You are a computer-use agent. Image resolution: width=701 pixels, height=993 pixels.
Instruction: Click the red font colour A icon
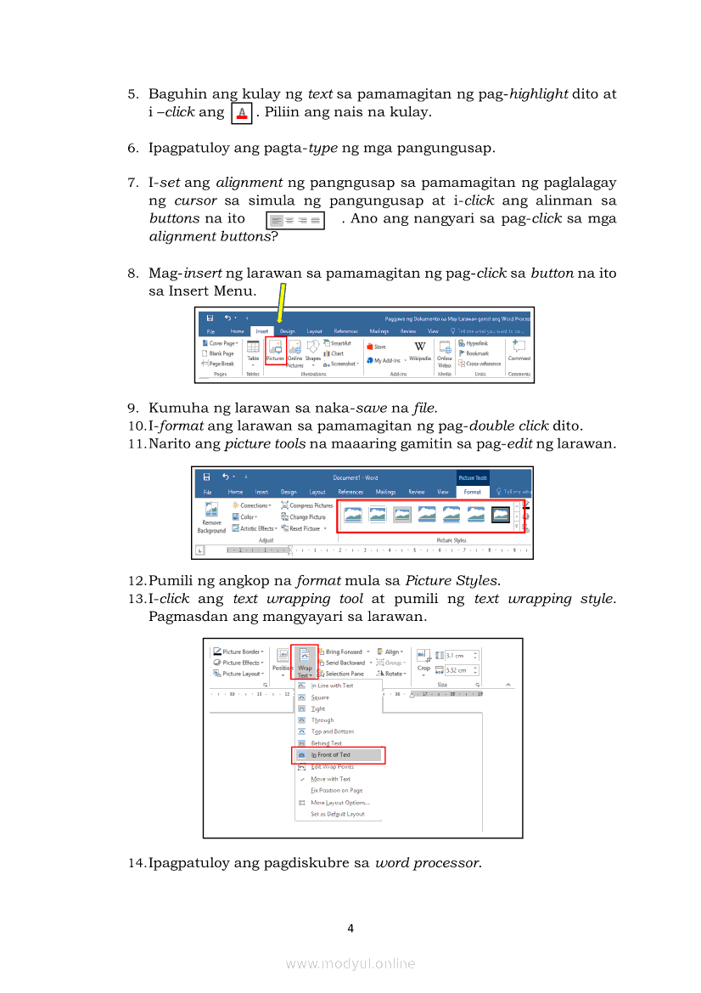(x=242, y=113)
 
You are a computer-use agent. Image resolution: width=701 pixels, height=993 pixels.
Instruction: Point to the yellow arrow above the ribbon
(x=280, y=303)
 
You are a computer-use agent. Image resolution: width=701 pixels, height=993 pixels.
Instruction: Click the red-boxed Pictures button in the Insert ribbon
(x=275, y=351)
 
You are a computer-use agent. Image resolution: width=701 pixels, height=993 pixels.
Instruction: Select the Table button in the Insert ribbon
(x=253, y=351)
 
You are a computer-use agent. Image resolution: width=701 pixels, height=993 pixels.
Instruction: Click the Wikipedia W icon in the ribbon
(x=420, y=347)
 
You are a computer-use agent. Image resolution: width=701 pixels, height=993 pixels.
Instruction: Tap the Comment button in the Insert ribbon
(x=519, y=350)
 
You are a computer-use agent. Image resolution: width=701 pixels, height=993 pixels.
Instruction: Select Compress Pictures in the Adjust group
(x=307, y=505)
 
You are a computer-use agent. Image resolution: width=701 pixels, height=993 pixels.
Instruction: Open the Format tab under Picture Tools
(x=473, y=492)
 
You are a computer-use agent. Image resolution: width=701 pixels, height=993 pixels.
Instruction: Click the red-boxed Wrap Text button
(x=305, y=661)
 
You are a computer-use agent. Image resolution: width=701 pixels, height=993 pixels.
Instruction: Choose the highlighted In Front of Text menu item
(x=334, y=754)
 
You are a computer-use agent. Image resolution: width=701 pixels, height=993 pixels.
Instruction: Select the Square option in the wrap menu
(x=320, y=697)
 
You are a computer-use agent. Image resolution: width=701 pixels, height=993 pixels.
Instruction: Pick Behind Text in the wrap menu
(x=326, y=743)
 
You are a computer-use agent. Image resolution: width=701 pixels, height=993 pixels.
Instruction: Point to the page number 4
(x=350, y=928)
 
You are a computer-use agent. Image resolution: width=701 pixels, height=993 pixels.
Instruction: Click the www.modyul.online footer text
(x=350, y=963)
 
